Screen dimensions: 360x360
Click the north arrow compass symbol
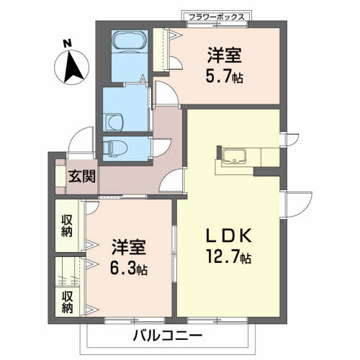71,70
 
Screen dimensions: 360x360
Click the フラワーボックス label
215,16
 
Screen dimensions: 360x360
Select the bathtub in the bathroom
130,42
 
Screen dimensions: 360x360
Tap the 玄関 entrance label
79,176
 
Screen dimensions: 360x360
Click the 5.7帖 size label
225,75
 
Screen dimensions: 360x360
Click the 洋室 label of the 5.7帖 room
225,54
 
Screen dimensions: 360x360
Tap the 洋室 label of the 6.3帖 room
129,248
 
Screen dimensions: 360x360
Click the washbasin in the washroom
114,119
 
